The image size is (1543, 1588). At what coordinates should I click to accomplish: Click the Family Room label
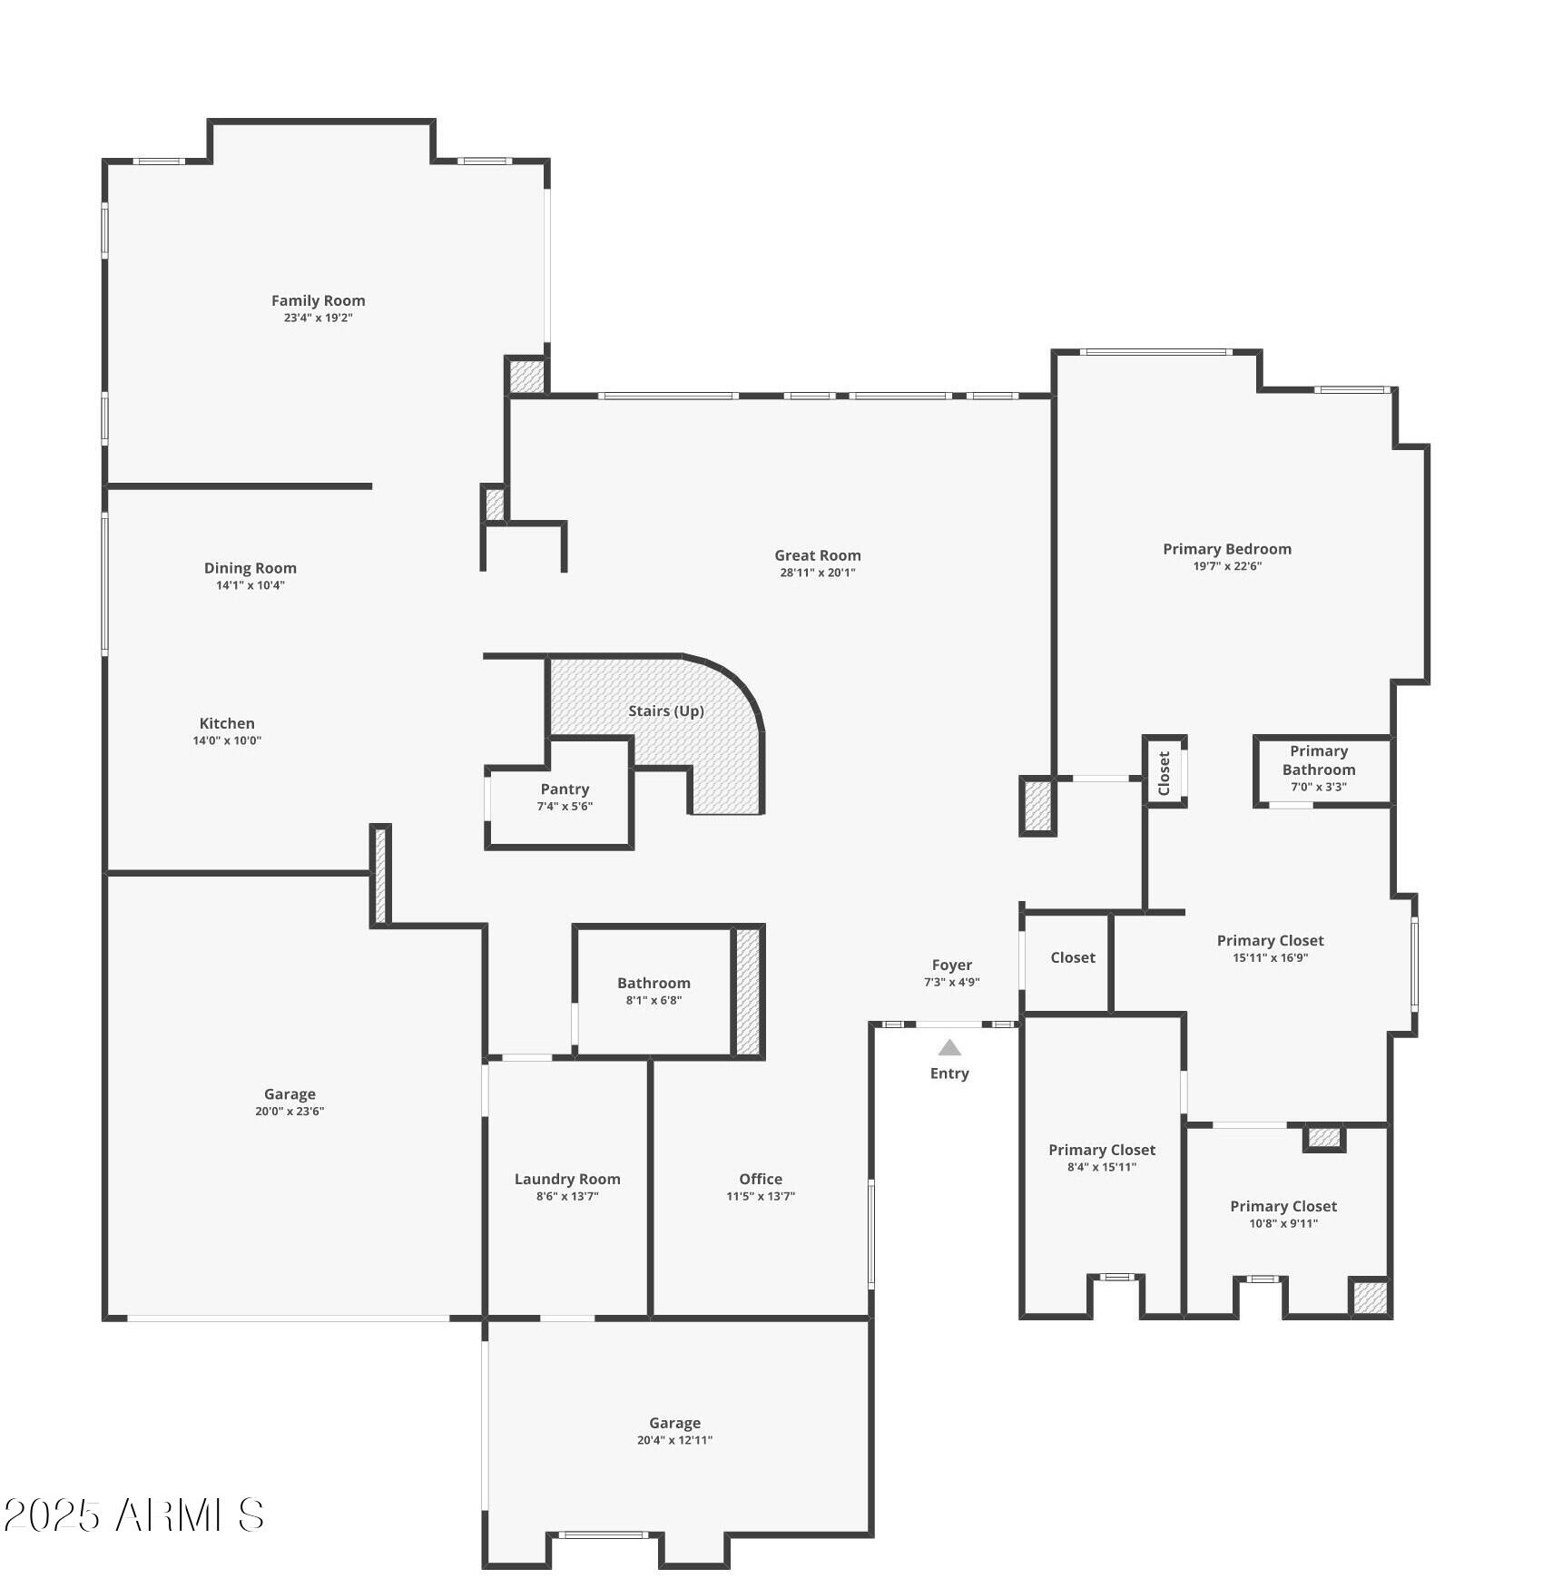[318, 300]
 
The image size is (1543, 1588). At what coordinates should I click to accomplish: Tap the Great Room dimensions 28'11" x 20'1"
[817, 573]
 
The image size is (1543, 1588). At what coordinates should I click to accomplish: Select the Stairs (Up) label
[666, 711]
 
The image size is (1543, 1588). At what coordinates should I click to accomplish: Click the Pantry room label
[565, 789]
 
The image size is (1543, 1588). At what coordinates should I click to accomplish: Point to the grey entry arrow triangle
[949, 1048]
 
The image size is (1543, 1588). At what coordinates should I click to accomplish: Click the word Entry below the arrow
[949, 1073]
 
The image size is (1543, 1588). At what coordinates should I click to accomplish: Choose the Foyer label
[951, 966]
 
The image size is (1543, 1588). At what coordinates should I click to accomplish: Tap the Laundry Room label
[567, 1180]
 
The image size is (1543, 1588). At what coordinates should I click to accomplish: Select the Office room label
[761, 1180]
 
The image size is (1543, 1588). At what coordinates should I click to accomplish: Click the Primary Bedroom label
[1227, 549]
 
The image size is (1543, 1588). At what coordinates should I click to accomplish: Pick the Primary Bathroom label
[1319, 760]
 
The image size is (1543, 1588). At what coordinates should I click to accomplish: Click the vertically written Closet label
[1165, 773]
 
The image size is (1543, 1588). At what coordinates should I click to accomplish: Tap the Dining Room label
[250, 568]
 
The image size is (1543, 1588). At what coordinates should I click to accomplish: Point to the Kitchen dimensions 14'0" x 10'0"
[227, 740]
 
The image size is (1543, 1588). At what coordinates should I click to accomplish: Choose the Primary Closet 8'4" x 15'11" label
[1102, 1151]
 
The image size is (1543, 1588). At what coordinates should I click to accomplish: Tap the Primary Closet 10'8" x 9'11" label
[1283, 1207]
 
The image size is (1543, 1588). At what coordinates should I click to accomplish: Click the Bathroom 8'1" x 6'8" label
[654, 984]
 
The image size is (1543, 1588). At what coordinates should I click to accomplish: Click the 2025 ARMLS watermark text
[134, 1515]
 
